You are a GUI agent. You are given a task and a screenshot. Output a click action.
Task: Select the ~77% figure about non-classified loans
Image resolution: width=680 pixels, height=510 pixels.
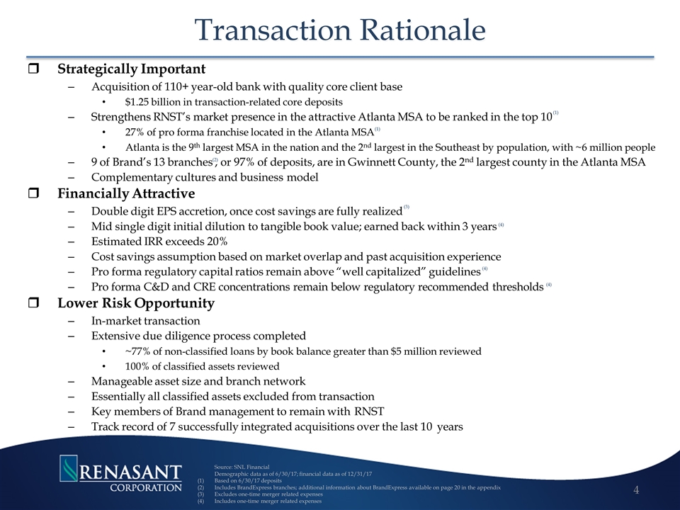pyautogui.click(x=137, y=351)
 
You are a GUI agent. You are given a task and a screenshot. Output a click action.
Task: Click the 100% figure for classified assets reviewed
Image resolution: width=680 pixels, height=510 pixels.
pyautogui.click(x=137, y=367)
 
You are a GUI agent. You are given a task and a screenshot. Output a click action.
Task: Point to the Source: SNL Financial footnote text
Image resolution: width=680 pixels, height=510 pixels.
pyautogui.click(x=242, y=467)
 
